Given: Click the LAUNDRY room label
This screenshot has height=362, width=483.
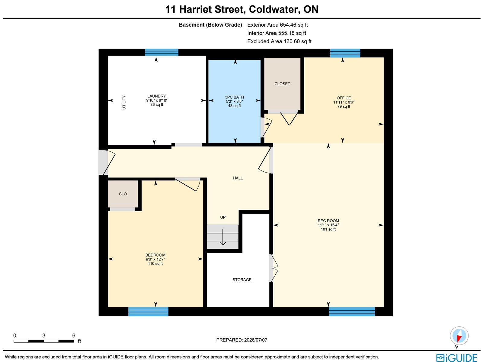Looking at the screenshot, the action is point(157,96).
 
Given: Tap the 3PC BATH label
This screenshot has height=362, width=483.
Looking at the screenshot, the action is point(234,97).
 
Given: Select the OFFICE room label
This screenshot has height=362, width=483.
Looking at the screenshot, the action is point(344,98).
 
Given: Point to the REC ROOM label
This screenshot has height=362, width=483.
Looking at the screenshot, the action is point(328,221).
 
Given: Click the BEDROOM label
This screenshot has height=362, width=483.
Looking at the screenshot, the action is point(155,255).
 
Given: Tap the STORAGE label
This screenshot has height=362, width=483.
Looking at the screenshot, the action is point(242,280).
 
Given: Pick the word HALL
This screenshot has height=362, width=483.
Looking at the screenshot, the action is point(238,178).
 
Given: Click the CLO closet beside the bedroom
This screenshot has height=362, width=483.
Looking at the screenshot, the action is point(123,194).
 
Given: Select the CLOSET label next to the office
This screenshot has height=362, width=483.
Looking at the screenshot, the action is point(282,84).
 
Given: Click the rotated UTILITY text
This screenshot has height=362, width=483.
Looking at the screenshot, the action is point(124,102).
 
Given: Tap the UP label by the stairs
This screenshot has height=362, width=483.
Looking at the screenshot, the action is point(223,217).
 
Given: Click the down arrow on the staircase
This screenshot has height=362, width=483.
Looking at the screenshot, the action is point(223,237).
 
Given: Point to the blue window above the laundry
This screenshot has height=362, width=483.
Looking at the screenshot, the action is point(162,52).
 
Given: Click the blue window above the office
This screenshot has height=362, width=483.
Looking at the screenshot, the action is point(345,53).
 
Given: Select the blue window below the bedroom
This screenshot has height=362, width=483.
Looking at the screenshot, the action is point(148,312).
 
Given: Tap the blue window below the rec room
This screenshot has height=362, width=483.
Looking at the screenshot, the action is point(352,312).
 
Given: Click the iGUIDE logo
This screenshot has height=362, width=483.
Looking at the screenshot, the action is point(457,357).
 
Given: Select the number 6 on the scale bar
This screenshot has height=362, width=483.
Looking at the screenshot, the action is point(74,335).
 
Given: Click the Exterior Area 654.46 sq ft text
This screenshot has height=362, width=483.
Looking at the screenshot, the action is point(277,25).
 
